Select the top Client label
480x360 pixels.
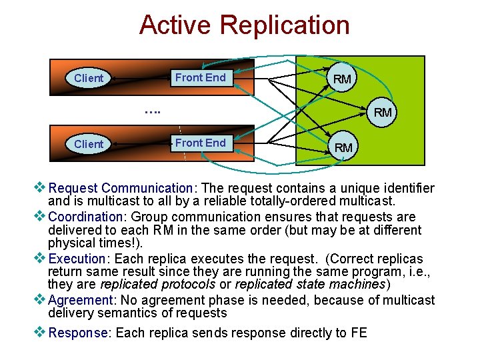[x=89, y=78]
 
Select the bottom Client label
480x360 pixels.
[x=89, y=144]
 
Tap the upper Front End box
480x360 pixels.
[x=200, y=77]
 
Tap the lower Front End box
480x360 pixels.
[x=200, y=143]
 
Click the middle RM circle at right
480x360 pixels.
[x=383, y=112]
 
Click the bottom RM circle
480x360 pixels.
[x=343, y=147]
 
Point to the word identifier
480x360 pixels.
[x=405, y=189]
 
